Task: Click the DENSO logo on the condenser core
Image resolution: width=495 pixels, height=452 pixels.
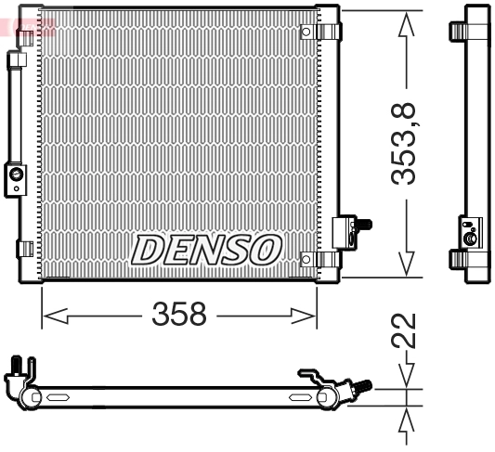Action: pyautogui.click(x=206, y=249)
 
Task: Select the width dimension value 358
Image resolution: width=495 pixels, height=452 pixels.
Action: pyautogui.click(x=178, y=315)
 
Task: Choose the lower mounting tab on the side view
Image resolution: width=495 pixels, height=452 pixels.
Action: pyautogui.click(x=457, y=259)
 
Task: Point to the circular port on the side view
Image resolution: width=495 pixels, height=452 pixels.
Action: pyautogui.click(x=470, y=239)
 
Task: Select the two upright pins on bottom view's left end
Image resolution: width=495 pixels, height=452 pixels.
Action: pyautogui.click(x=22, y=366)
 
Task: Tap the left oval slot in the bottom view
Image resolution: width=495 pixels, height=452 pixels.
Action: pyautogui.click(x=57, y=398)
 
